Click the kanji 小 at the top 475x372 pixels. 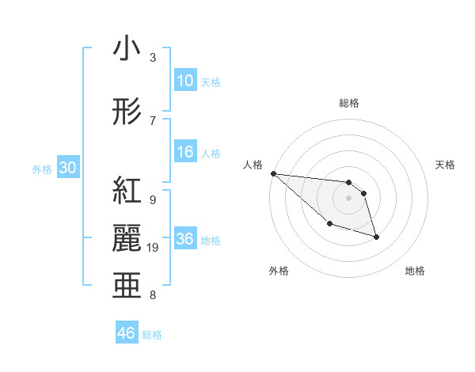(x=127, y=49)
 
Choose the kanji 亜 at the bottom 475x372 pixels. (x=127, y=285)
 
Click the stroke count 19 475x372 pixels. (x=154, y=248)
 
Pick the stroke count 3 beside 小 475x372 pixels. (x=153, y=58)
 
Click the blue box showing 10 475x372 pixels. (x=185, y=81)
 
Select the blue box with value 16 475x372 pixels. (x=185, y=153)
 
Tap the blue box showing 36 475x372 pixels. (x=185, y=239)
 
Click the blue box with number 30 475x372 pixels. (x=68, y=168)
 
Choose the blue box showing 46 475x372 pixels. (x=127, y=333)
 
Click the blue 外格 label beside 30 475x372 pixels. (x=42, y=169)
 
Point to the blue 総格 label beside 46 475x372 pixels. (x=152, y=335)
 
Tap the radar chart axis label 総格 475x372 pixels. (x=349, y=103)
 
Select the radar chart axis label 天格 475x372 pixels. (x=446, y=165)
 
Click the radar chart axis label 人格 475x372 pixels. (x=253, y=165)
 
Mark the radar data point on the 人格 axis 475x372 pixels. (x=273, y=173)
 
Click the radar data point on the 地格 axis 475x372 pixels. (x=376, y=237)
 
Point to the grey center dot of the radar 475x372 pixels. (x=349, y=198)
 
